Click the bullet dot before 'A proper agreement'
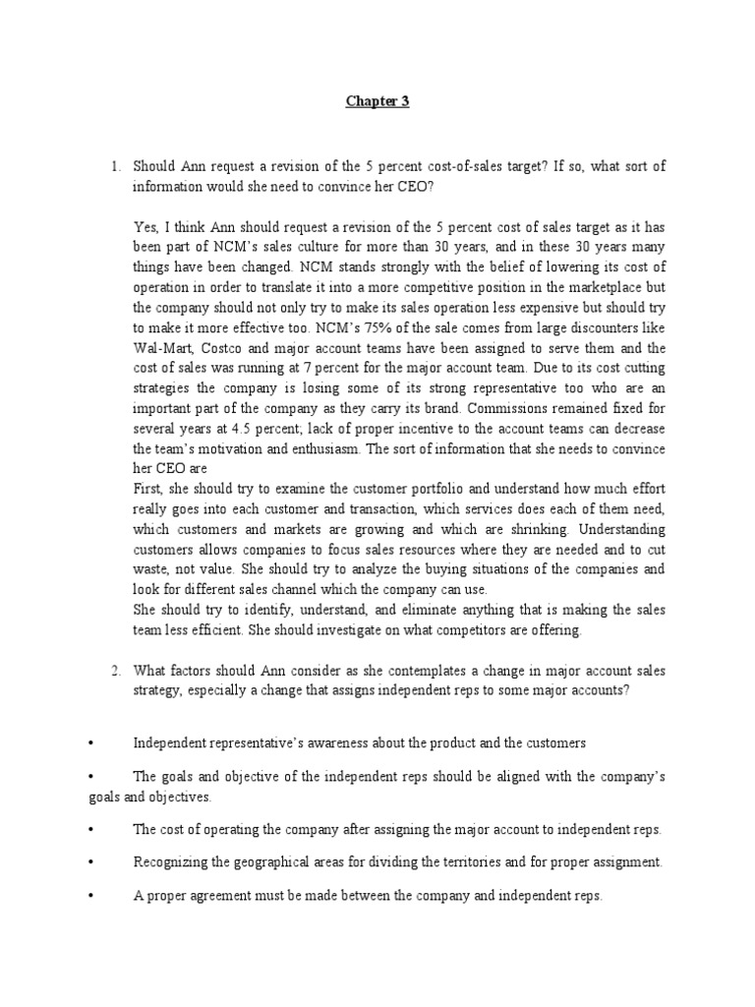point(90,897)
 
